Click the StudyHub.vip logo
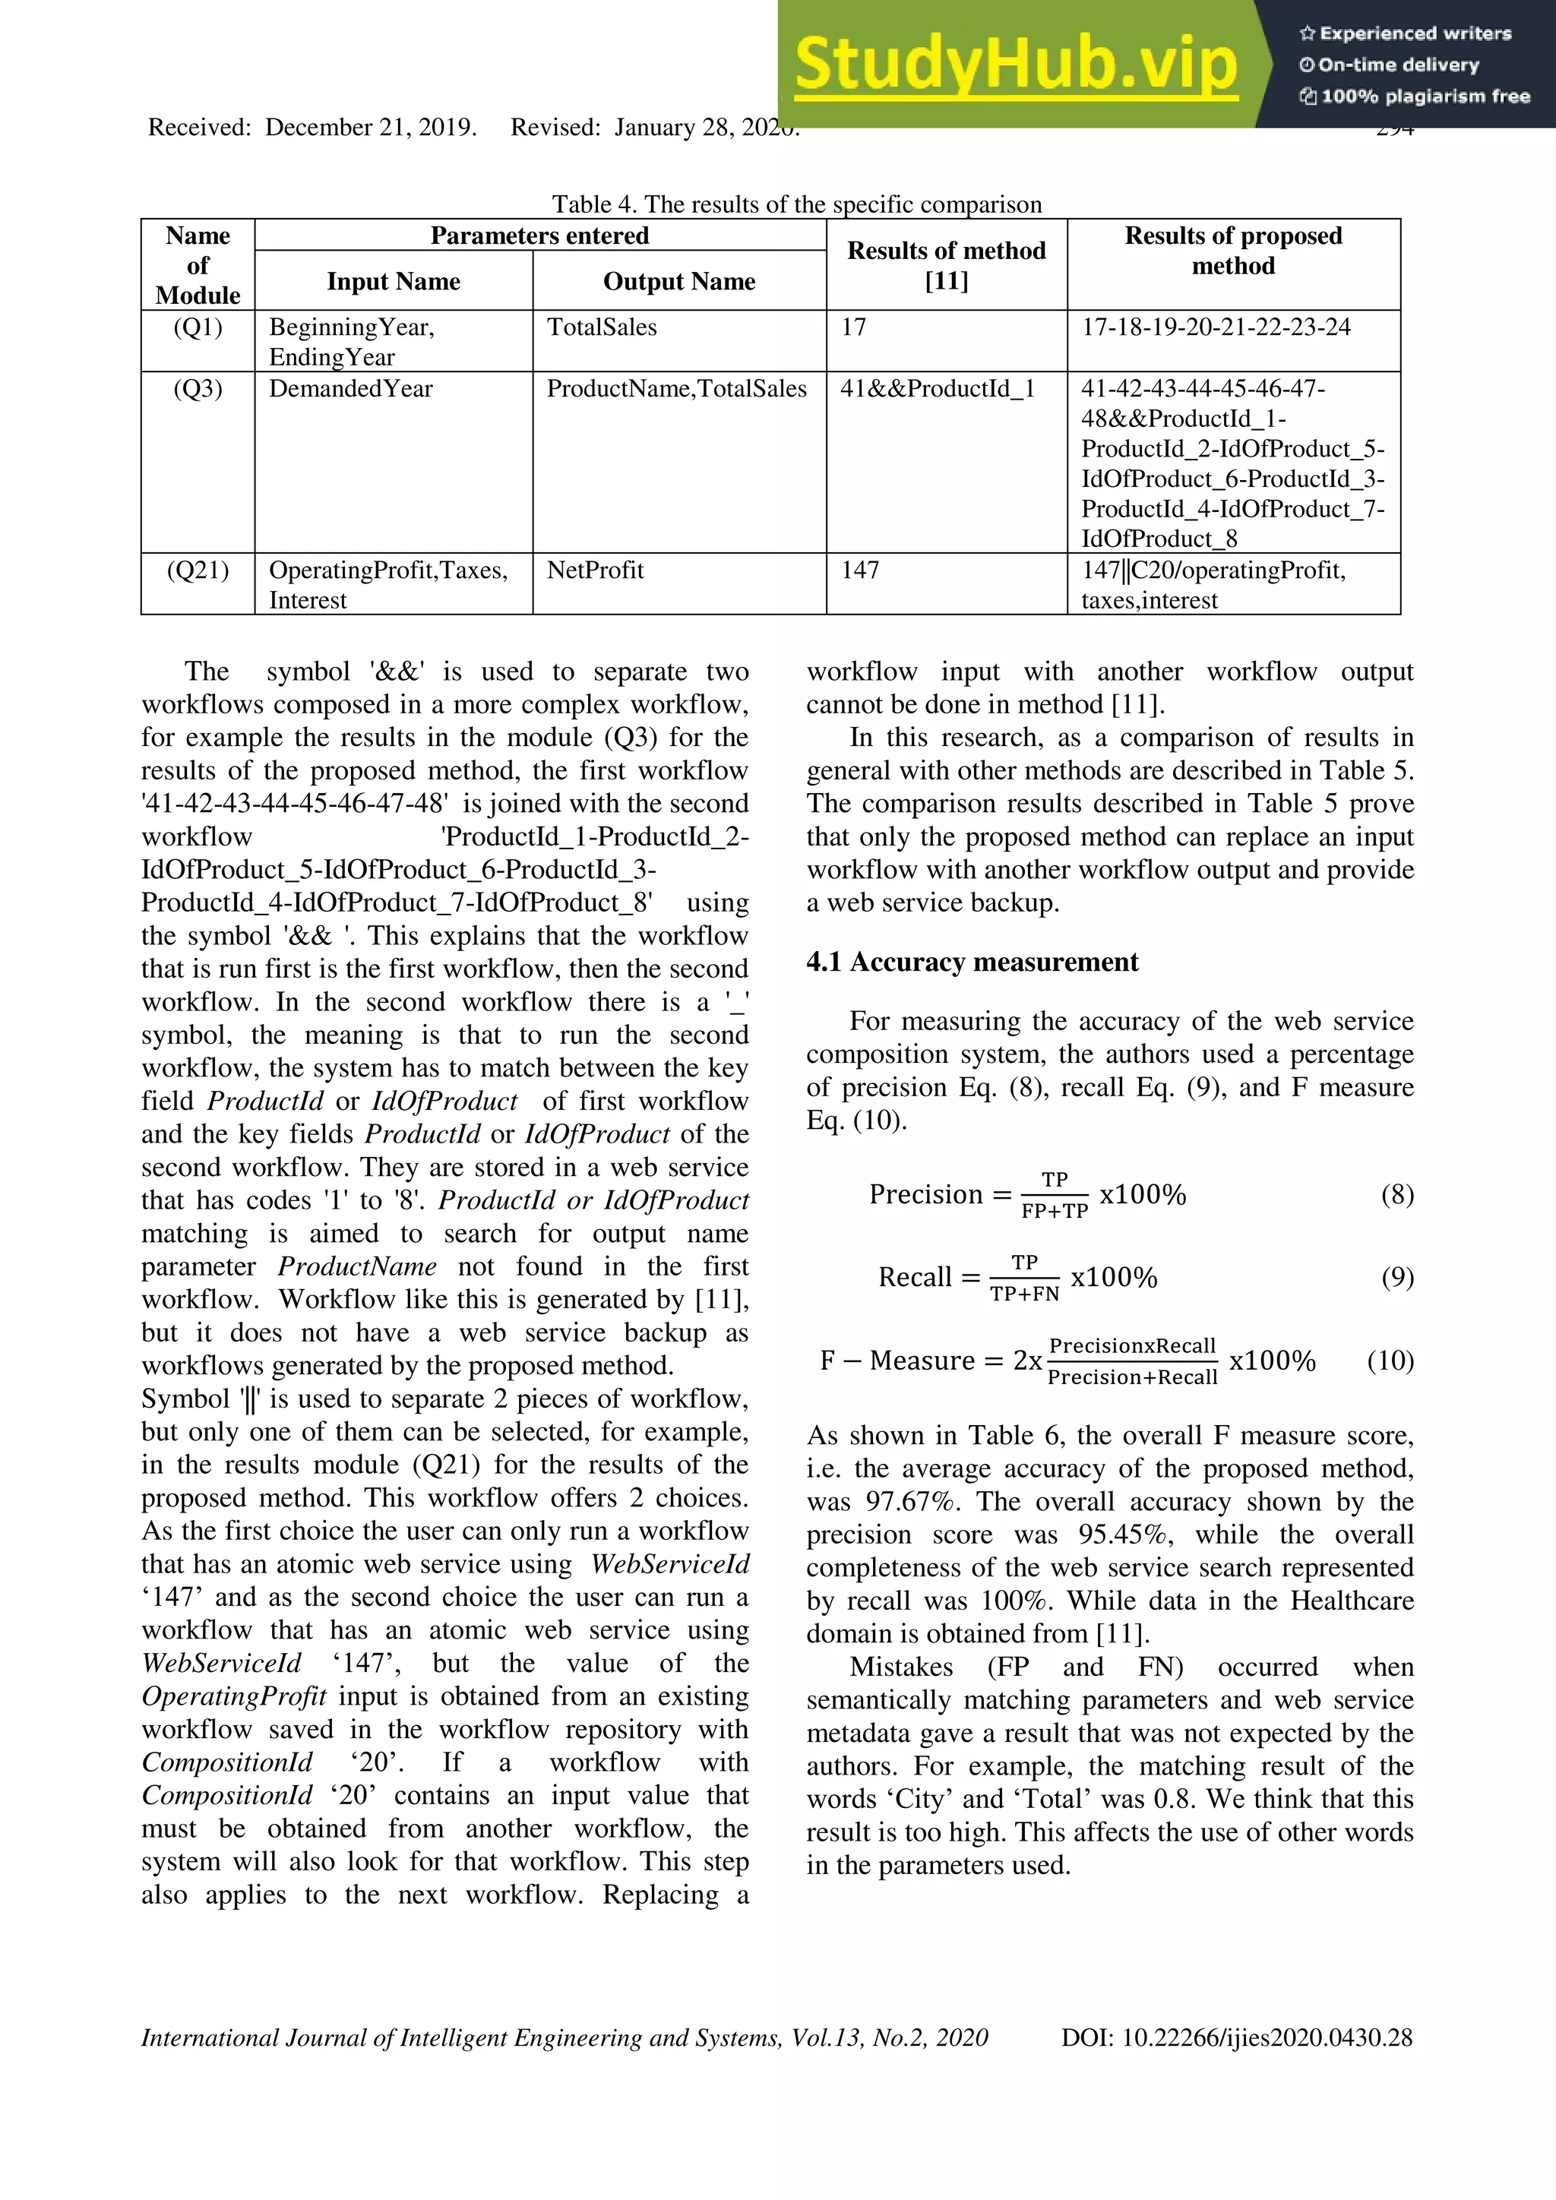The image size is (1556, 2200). [x=1016, y=63]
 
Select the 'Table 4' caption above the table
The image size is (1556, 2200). [x=795, y=204]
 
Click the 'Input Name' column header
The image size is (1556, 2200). [x=393, y=281]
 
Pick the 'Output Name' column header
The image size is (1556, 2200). [x=678, y=281]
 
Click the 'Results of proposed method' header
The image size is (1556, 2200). [x=1232, y=250]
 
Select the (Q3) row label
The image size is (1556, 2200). [x=198, y=389]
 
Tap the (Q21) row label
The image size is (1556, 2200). [x=198, y=571]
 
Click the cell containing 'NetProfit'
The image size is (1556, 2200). [x=595, y=571]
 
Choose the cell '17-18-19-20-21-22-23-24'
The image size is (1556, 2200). [x=1216, y=327]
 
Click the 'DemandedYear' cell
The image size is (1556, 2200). [x=351, y=389]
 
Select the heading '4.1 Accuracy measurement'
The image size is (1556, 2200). [x=972, y=962]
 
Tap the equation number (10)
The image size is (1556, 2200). [x=1390, y=1361]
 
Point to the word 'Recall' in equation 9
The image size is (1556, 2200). [x=915, y=1277]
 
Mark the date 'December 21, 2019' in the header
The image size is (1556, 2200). [x=370, y=128]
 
